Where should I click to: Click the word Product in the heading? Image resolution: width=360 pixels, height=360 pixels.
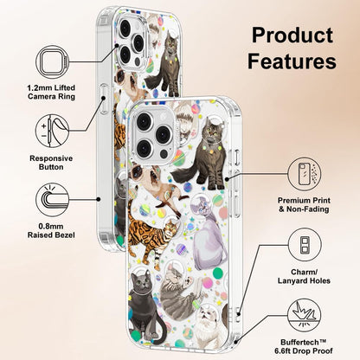click(292, 35)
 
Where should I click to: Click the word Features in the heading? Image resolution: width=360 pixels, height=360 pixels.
click(292, 61)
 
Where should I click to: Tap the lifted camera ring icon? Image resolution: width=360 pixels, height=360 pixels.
click(53, 62)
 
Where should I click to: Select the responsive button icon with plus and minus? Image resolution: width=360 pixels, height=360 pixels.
click(53, 131)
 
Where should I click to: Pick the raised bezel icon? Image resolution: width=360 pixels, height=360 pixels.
click(53, 200)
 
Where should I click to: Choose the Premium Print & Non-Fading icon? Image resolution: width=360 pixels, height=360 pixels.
click(305, 174)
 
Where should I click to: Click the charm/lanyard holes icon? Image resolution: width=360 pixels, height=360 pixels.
click(305, 245)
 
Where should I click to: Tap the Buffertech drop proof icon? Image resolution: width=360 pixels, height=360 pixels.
click(305, 315)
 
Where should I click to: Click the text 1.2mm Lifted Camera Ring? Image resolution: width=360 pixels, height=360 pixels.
click(51, 92)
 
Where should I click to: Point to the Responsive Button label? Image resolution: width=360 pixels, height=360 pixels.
click(51, 163)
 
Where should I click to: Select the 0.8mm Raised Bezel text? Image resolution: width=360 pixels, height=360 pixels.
click(51, 231)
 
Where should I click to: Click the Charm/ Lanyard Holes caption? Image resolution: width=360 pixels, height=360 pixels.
click(304, 276)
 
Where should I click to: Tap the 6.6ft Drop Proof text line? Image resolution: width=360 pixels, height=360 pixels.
click(304, 351)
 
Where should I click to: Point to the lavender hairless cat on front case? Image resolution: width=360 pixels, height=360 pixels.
click(209, 234)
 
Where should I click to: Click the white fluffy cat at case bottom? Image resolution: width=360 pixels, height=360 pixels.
click(209, 327)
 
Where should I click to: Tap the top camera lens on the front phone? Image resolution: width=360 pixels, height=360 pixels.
click(144, 121)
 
